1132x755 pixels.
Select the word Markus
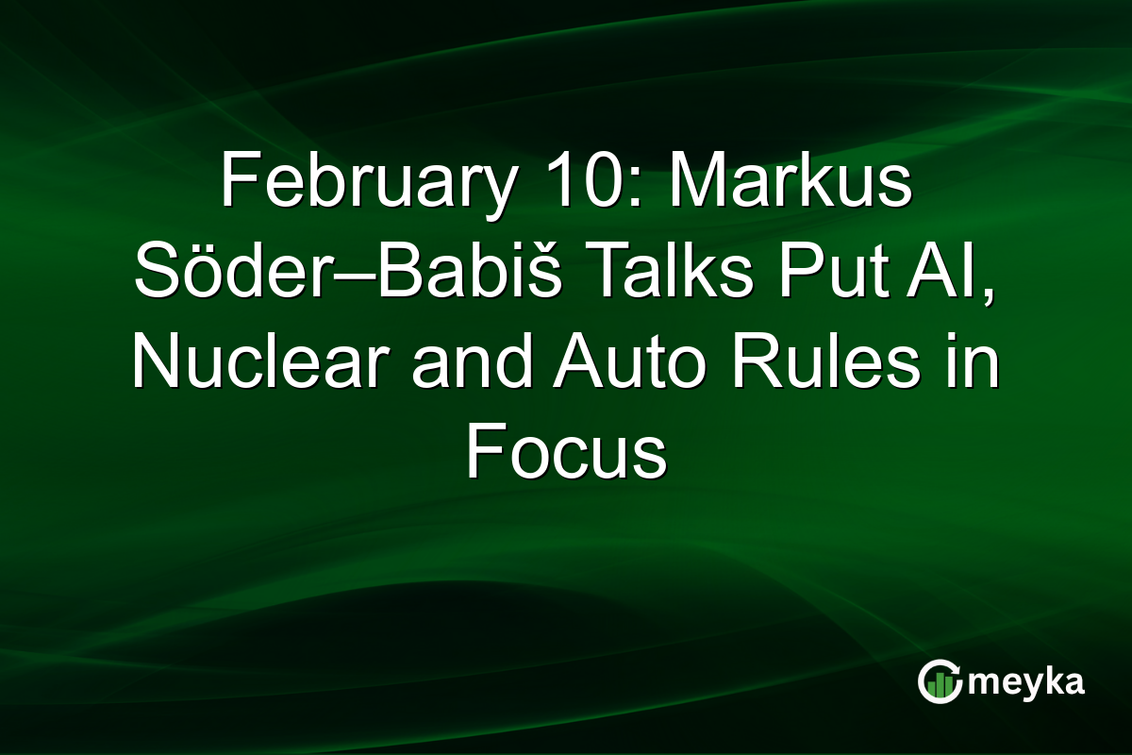click(x=790, y=183)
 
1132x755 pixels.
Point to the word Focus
click(x=566, y=456)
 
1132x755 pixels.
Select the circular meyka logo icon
click(x=940, y=682)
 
